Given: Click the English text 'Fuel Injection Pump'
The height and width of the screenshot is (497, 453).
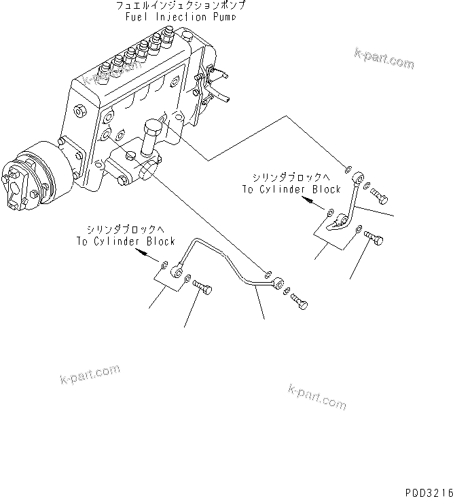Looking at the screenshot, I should click(x=181, y=16).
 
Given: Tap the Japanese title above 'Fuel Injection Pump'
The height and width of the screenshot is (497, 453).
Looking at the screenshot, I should click(x=181, y=5).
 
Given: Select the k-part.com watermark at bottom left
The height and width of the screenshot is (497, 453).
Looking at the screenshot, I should click(x=90, y=373).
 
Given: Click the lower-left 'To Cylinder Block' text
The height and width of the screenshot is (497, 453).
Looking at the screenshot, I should click(x=126, y=241).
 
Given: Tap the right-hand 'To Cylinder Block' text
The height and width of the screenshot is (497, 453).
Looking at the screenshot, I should click(x=291, y=190).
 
